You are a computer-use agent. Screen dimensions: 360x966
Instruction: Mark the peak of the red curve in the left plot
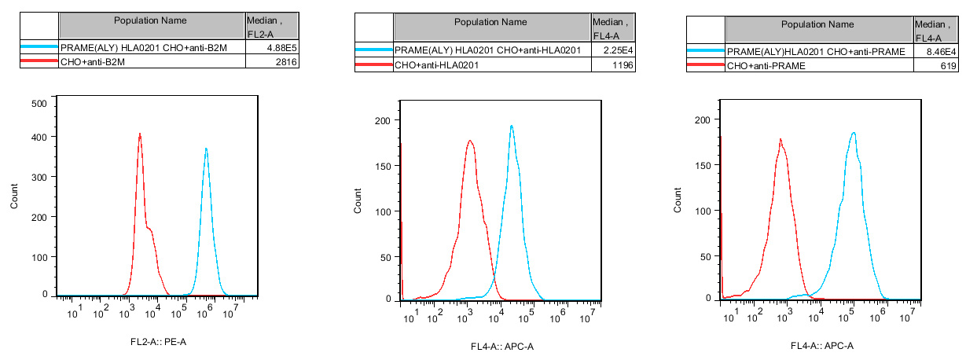click(x=140, y=134)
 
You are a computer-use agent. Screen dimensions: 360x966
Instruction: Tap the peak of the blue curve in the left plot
click(x=206, y=149)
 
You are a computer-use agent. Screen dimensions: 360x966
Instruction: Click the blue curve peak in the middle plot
click(x=512, y=126)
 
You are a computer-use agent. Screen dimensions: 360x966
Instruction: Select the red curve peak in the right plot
click(x=781, y=140)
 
